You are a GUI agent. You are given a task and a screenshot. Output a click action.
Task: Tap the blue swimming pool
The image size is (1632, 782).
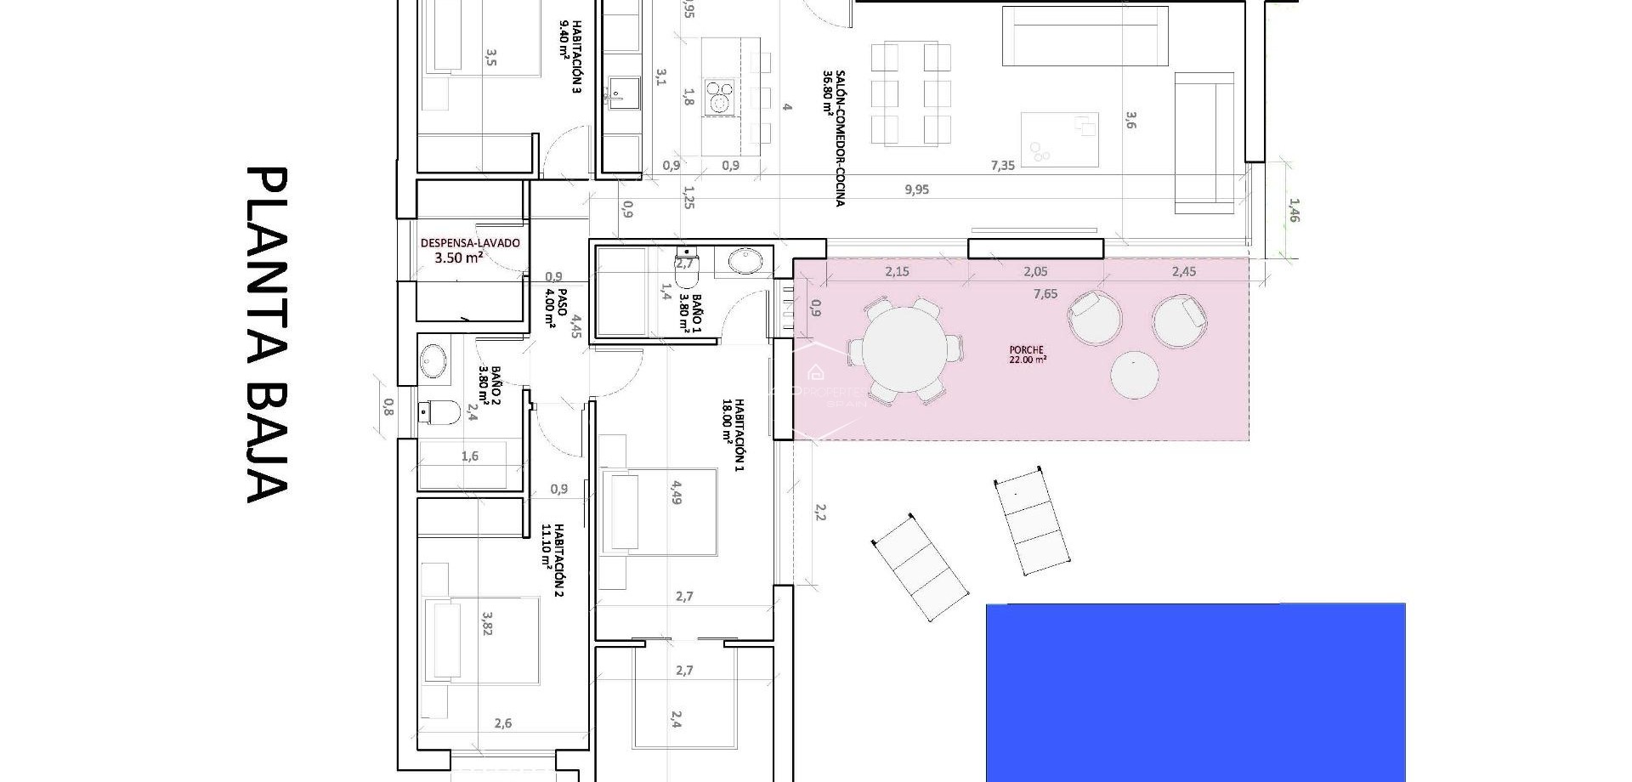coord(1195,692)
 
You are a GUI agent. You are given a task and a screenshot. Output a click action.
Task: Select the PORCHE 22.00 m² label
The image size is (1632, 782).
coord(1027,354)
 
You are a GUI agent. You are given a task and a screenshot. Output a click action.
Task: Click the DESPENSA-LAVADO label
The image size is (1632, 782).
coord(470,250)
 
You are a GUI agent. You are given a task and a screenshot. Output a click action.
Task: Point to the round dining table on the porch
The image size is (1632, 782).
coord(905,349)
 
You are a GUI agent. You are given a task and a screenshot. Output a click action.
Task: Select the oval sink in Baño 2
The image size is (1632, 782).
coord(435,361)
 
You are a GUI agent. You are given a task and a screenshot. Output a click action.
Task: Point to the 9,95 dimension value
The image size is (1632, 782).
coord(916,190)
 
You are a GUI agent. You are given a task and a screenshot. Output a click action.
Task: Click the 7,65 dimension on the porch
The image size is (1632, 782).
coord(1045,294)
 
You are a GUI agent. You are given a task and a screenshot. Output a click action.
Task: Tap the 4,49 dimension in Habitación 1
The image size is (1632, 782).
coord(677,493)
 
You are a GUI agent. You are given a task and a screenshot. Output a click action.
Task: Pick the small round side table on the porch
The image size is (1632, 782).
coord(1135,375)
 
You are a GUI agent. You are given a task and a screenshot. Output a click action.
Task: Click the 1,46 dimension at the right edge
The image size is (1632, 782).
coord(1294,211)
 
